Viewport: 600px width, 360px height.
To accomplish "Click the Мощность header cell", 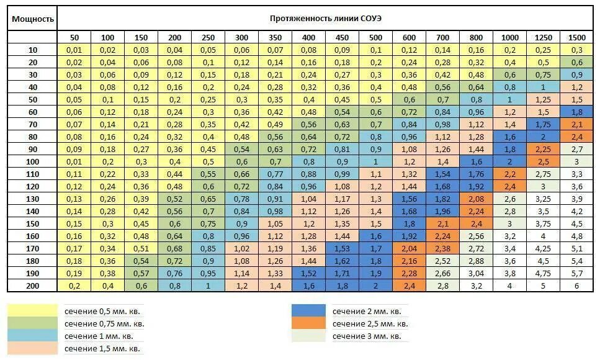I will tap(33, 19).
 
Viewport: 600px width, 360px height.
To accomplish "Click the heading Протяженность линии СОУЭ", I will tap(326, 19).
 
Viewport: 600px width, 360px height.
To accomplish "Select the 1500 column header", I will tap(576, 38).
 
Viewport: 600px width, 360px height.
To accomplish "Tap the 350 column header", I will tap(275, 38).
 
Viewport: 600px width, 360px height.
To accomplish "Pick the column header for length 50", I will tap(74, 38).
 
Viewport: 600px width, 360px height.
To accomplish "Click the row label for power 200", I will tap(33, 286).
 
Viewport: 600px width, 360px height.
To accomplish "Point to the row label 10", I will tap(33, 50).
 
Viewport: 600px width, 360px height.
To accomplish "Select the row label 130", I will tap(33, 199).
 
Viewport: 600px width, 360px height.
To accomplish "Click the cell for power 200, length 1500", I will tap(576, 286).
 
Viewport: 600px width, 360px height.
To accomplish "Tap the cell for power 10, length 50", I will tap(74, 50).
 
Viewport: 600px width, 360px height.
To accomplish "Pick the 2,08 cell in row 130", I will tap(476, 199).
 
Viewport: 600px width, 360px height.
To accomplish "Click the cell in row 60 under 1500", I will tap(576, 112).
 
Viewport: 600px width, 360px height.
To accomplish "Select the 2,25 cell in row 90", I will tap(543, 149).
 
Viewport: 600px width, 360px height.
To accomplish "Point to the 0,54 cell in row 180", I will tap(141, 261).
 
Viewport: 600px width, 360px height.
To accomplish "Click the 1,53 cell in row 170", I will tap(342, 248).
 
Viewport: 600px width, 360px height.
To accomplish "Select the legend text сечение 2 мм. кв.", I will tap(366, 312).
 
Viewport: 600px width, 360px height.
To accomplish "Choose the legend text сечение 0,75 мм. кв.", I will tap(104, 324).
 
